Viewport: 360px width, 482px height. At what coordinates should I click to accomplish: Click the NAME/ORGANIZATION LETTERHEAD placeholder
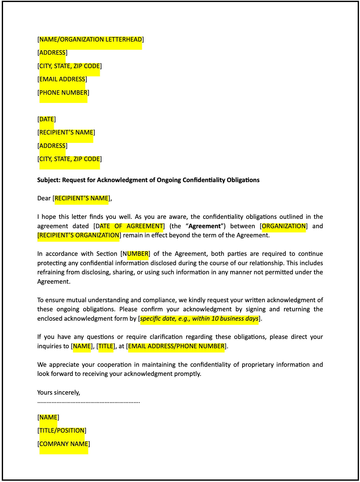pyautogui.click(x=91, y=40)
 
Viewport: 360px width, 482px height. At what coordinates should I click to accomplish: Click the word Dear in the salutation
pyautogui.click(x=44, y=198)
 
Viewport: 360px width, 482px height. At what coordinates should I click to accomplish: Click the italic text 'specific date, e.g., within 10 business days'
pyautogui.click(x=199, y=319)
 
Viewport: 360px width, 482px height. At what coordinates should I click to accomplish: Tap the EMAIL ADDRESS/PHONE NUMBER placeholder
pyautogui.click(x=176, y=346)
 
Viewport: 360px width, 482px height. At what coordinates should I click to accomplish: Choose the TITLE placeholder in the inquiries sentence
pyautogui.click(x=106, y=346)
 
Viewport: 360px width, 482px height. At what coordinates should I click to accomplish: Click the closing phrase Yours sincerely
pyautogui.click(x=59, y=393)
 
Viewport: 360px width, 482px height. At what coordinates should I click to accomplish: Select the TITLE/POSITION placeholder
pyautogui.click(x=62, y=431)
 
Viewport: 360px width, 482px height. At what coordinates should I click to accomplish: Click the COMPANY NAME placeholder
pyautogui.click(x=64, y=444)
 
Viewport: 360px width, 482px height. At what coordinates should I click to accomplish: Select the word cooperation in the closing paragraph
pyautogui.click(x=113, y=365)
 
